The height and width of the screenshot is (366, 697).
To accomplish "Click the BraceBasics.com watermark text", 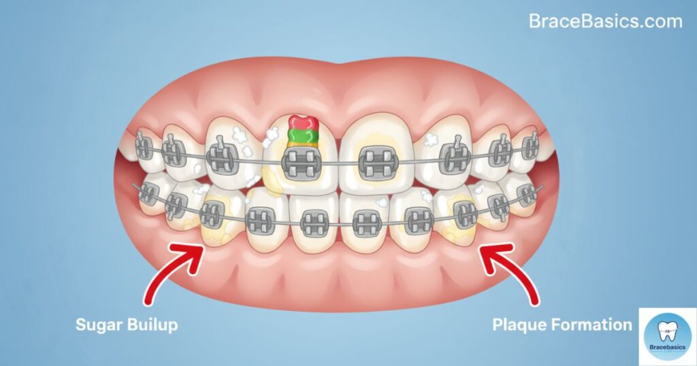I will (x=605, y=22).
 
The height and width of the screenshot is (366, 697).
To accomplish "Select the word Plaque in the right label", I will (x=521, y=325).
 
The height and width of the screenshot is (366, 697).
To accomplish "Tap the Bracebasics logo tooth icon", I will (x=668, y=330).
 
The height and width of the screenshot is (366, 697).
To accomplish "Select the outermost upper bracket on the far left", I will (x=143, y=146).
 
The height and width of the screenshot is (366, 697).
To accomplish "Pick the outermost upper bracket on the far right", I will (x=530, y=144).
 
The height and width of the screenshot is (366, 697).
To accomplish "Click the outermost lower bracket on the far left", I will (x=146, y=194).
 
